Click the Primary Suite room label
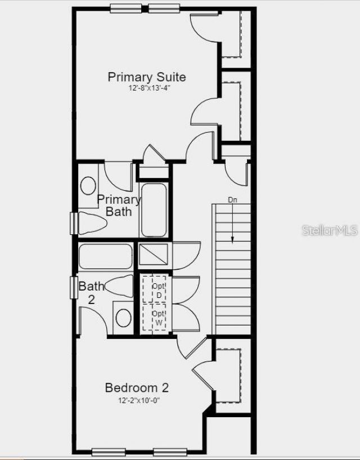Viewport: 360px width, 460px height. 147,77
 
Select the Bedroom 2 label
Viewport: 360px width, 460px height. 137,387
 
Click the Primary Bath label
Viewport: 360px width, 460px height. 119,206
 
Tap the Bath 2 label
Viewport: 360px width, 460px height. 91,292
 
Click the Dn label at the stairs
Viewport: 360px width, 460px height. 233,200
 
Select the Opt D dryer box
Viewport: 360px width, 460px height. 155,289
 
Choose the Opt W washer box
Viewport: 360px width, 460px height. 155,318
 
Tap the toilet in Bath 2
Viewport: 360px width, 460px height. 119,287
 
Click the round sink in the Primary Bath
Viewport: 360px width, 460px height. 88,185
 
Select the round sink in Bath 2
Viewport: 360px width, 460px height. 123,318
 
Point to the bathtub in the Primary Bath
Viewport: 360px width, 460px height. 154,210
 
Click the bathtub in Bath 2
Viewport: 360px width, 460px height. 105,256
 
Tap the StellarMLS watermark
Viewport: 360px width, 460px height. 330,230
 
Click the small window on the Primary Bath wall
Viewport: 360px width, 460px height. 73,223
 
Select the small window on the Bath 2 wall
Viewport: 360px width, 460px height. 73,288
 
